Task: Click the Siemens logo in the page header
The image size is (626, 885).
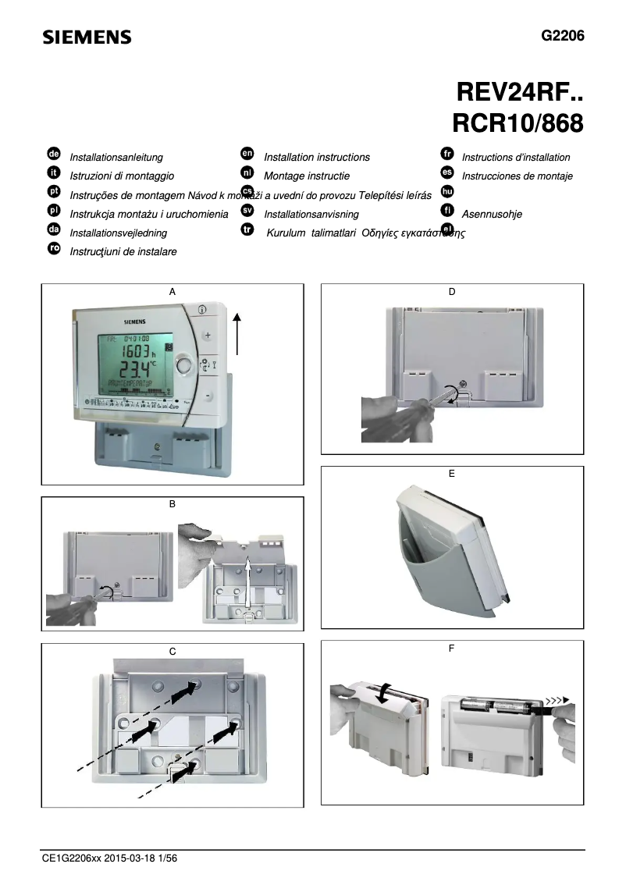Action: click(x=87, y=37)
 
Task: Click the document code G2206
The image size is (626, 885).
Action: click(x=562, y=36)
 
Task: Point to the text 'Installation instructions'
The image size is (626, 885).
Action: click(x=317, y=157)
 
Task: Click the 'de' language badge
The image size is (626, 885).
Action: click(x=54, y=155)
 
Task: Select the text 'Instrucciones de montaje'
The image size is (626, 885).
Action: click(x=517, y=176)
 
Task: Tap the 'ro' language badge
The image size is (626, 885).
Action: click(x=54, y=248)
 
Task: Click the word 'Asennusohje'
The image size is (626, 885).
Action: click(x=492, y=214)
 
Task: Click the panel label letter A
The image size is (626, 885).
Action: click(x=173, y=291)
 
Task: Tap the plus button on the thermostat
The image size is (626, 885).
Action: click(x=208, y=336)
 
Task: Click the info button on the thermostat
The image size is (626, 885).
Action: click(x=202, y=309)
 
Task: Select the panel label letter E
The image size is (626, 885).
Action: click(x=452, y=473)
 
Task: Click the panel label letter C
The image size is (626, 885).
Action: click(x=173, y=651)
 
